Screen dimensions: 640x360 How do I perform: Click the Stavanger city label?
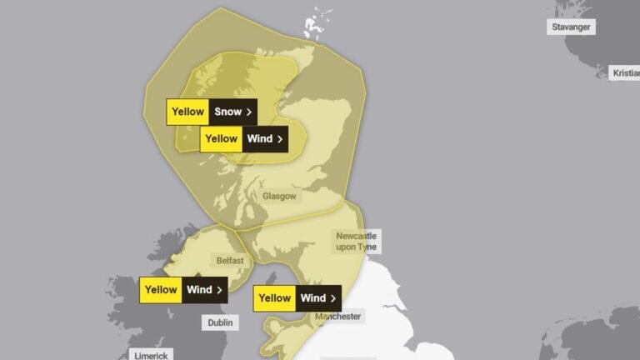(x=571, y=27)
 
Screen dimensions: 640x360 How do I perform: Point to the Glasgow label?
(x=279, y=197)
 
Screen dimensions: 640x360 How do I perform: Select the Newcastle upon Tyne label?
(x=356, y=241)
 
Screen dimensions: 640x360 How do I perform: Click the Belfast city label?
(x=230, y=261)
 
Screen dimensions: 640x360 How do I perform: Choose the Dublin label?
(x=220, y=322)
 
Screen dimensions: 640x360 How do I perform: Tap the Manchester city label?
(x=337, y=317)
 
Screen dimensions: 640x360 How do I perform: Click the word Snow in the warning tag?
(x=227, y=112)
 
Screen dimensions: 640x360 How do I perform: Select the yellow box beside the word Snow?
(x=187, y=112)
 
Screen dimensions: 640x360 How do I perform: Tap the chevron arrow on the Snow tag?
(x=248, y=112)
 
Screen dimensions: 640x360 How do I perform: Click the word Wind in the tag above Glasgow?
(x=259, y=139)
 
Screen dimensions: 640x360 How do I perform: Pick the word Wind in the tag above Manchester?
(x=312, y=297)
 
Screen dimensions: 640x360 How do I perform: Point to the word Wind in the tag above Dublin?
(x=199, y=290)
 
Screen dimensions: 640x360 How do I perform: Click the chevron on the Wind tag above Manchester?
(x=333, y=297)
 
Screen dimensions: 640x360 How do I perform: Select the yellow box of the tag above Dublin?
(x=161, y=290)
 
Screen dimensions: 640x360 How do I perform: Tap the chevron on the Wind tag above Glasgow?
(x=280, y=139)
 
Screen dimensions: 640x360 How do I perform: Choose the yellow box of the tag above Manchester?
(x=274, y=297)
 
